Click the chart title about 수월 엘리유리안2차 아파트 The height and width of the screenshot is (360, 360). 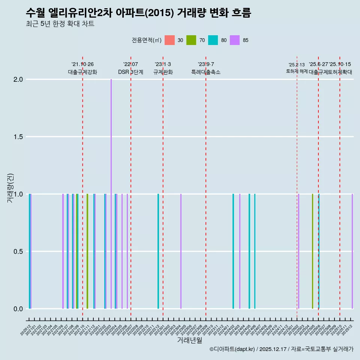click(138, 13)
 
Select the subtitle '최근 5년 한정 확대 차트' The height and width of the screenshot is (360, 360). click(60, 24)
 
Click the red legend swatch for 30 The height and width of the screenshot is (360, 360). click(169, 40)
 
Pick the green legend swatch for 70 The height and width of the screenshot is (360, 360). click(191, 40)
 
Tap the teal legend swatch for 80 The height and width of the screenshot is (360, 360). click(213, 40)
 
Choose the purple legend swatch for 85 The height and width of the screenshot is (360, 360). click(235, 40)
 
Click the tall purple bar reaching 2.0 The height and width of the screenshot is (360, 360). click(111, 193)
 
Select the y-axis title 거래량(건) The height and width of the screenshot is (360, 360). click(10, 187)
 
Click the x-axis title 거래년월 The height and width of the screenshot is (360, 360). click(189, 340)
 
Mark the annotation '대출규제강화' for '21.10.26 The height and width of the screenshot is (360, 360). click(82, 72)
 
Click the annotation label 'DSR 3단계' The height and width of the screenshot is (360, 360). click(130, 72)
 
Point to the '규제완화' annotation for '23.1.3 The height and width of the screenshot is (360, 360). click(163, 72)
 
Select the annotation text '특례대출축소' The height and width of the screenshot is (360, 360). click(206, 72)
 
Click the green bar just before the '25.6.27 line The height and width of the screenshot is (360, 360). click(312, 251)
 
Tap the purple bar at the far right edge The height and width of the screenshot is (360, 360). click(352, 251)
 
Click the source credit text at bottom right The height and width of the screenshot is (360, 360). click(281, 349)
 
